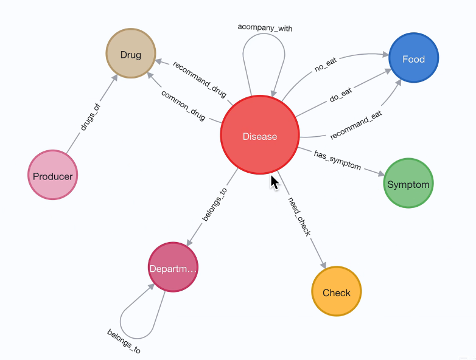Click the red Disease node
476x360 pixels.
coord(260,136)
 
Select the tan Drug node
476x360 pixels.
coord(131,55)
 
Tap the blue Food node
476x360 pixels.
coord(414,58)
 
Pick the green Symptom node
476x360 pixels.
coord(408,184)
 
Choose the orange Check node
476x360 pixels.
coord(336,292)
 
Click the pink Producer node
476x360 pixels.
coord(53,176)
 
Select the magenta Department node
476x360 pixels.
coord(173,268)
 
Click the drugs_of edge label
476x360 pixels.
coord(90,117)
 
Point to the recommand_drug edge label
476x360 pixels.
coord(200,79)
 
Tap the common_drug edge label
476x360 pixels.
coord(183,104)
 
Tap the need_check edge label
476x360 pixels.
coord(299,216)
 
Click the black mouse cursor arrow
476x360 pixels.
coord(275,182)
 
